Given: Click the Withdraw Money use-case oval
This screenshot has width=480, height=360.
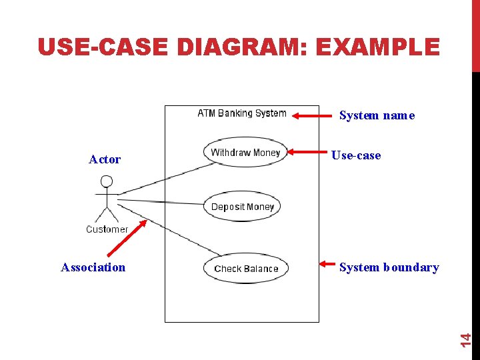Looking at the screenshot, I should (x=245, y=153).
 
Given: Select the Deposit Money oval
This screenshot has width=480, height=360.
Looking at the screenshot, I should (x=242, y=207).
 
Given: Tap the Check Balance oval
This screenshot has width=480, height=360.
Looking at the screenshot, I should (x=246, y=269).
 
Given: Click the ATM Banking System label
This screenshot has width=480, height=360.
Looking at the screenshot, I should (x=242, y=113).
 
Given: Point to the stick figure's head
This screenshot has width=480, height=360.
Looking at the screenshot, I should (x=106, y=181).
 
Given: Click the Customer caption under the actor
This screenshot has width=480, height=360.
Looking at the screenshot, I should (x=107, y=229).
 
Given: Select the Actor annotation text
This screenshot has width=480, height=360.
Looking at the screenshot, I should (x=105, y=159).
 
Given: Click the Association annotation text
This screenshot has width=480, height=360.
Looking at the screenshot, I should (x=93, y=267).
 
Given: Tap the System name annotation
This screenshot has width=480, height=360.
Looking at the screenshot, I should (x=377, y=115).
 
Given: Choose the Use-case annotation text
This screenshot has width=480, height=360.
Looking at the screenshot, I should (x=356, y=155).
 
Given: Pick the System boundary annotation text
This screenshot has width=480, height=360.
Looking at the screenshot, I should (x=389, y=267).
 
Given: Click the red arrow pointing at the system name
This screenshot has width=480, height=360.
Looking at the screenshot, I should (x=313, y=116).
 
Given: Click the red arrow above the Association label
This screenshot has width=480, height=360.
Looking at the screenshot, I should (x=128, y=239).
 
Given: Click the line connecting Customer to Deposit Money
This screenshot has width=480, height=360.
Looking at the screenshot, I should (x=160, y=201).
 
